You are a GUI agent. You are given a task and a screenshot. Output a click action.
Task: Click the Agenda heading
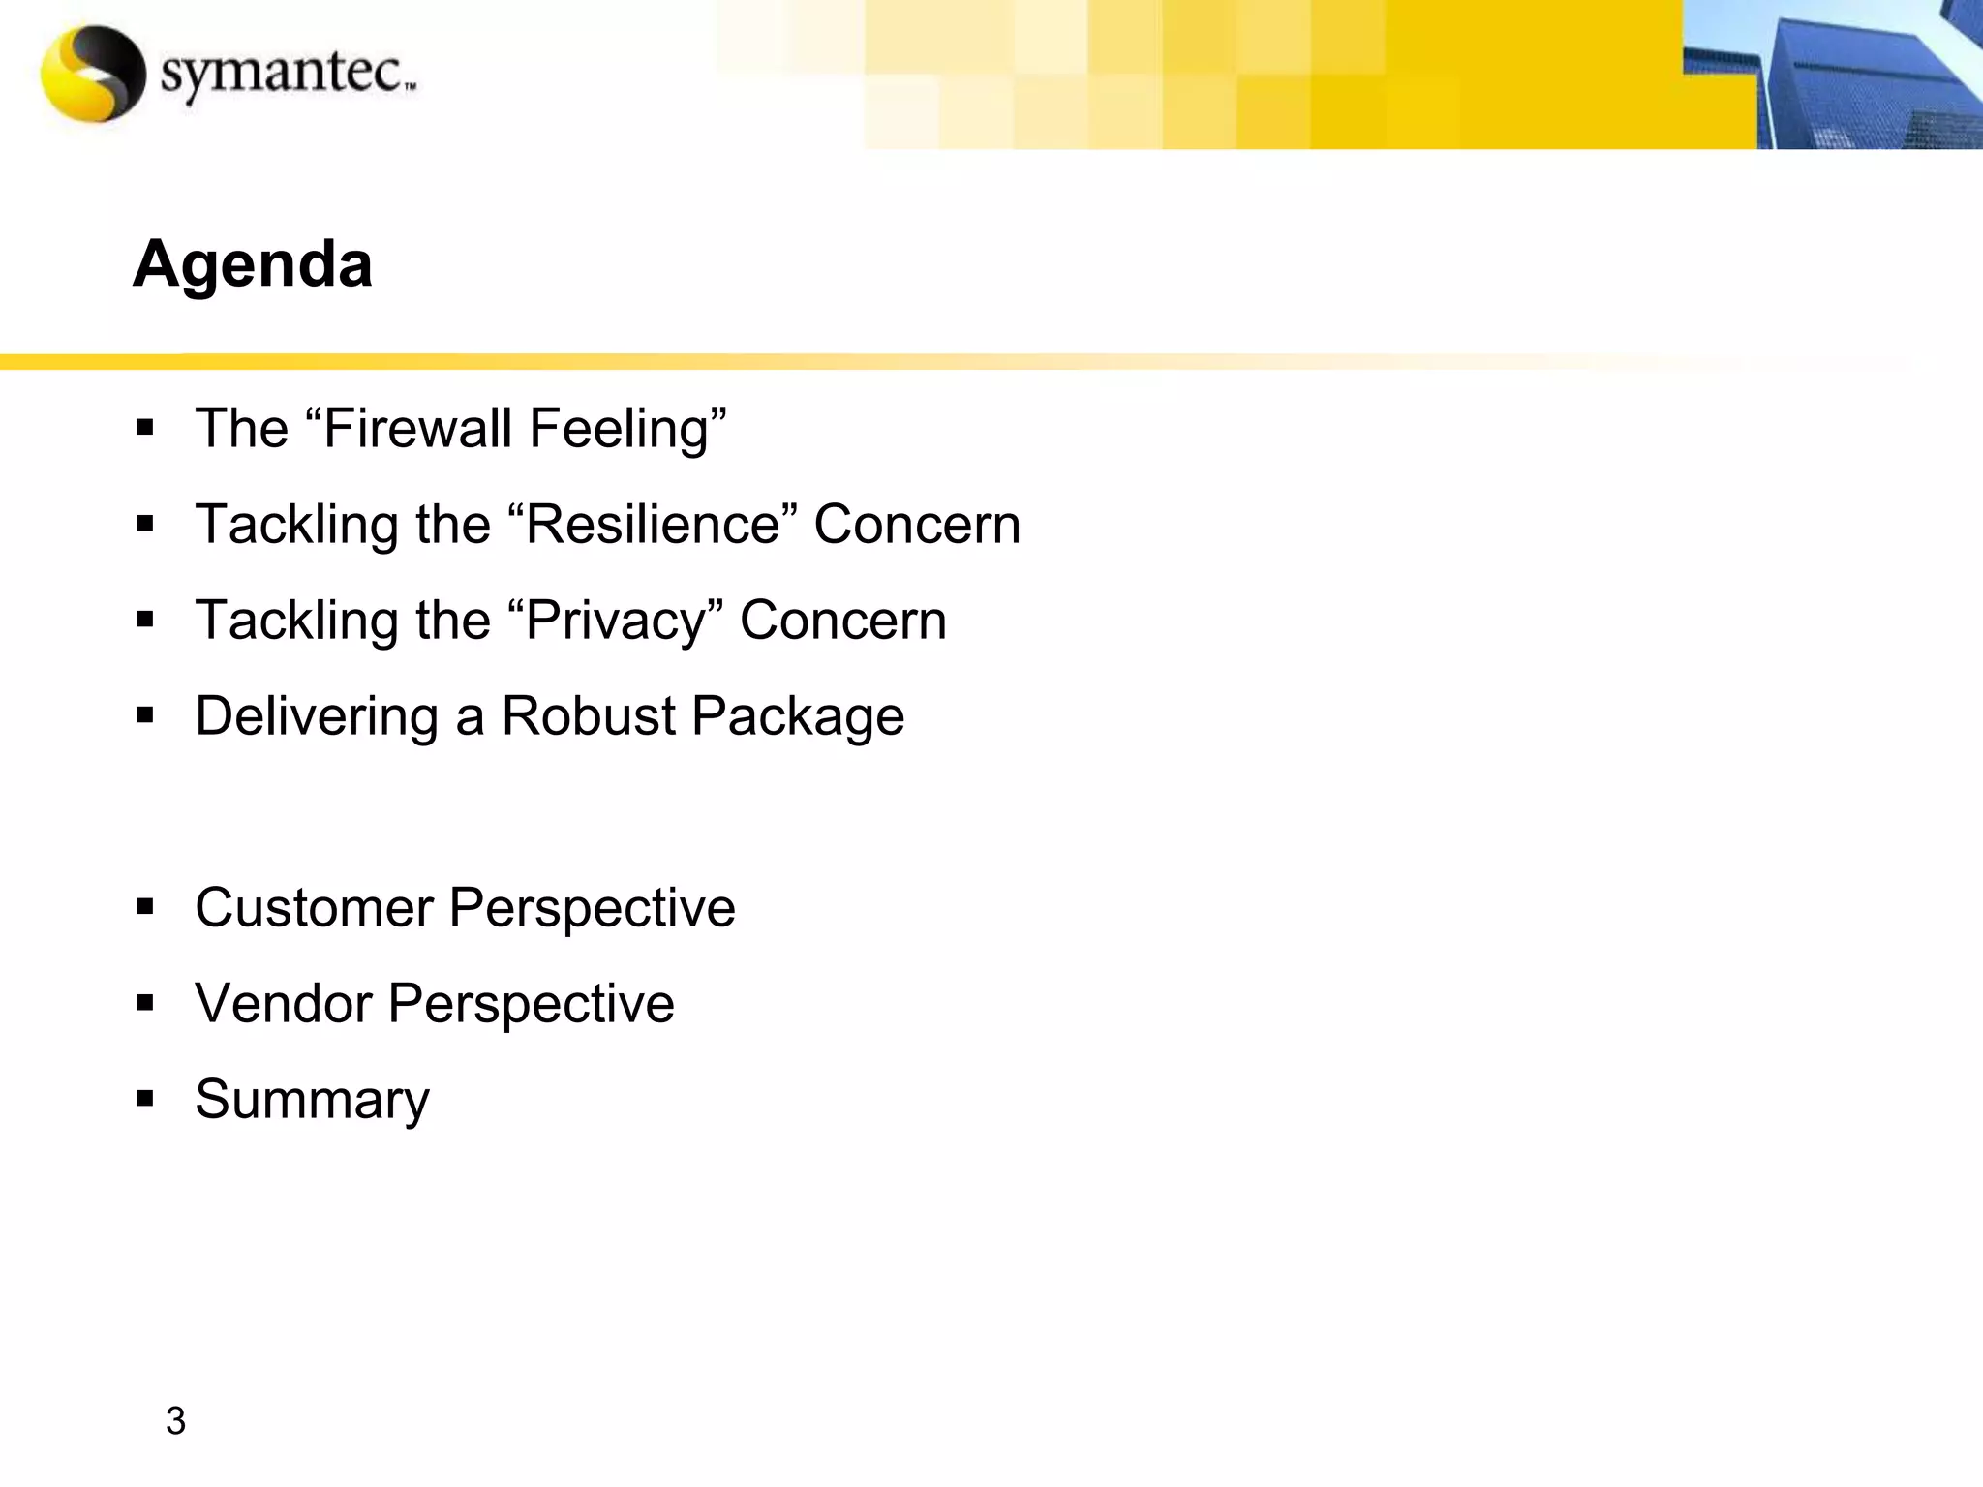pyautogui.click(x=253, y=264)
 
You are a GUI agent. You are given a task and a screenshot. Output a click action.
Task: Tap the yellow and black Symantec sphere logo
pyautogui.click(x=93, y=74)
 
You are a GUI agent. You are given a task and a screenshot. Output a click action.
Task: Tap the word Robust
pyautogui.click(x=588, y=716)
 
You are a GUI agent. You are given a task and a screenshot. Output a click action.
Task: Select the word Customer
pyautogui.click(x=314, y=908)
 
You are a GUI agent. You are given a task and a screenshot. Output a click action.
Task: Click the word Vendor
pyautogui.click(x=284, y=1003)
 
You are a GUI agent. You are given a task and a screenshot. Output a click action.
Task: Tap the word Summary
pyautogui.click(x=312, y=1100)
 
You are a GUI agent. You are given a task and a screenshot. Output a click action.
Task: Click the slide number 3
pyautogui.click(x=175, y=1421)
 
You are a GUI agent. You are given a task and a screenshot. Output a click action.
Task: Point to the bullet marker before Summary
pyautogui.click(x=145, y=1100)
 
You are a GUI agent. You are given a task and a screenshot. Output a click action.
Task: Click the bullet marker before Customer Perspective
pyautogui.click(x=145, y=908)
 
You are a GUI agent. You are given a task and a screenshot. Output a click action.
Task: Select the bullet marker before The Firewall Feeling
pyautogui.click(x=145, y=429)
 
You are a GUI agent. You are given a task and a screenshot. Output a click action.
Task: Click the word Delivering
pyautogui.click(x=317, y=717)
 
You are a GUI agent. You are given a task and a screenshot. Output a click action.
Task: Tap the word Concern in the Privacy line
pyautogui.click(x=842, y=621)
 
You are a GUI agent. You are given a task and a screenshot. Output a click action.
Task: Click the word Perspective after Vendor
pyautogui.click(x=531, y=1004)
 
